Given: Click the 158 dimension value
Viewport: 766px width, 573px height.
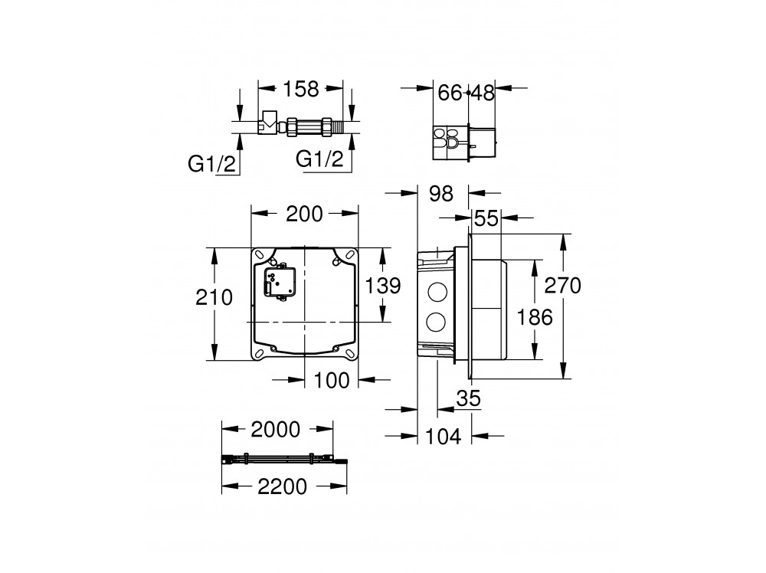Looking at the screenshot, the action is tap(301, 89).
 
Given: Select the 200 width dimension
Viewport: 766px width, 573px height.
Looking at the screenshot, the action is tap(304, 214).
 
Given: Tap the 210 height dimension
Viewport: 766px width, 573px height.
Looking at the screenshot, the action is tap(214, 297).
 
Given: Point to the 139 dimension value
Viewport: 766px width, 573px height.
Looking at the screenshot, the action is tap(383, 285).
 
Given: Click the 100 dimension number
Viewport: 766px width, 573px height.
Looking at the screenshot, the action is tap(331, 380).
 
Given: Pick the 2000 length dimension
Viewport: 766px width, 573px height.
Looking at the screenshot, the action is tap(276, 430).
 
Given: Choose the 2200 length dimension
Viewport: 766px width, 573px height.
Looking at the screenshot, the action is tap(283, 486).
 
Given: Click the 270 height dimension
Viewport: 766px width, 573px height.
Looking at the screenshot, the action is tap(563, 285).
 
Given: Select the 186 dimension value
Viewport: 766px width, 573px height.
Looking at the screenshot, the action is tap(535, 317).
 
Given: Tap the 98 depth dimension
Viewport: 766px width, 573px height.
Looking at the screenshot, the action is tap(441, 194).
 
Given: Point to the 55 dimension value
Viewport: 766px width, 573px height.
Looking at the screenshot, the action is tap(486, 218).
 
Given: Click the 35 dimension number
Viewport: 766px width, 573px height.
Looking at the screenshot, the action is tap(469, 398).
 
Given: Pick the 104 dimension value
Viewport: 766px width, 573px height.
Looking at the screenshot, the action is tap(443, 437).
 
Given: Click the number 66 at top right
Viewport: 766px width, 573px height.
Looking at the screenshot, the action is tap(450, 93).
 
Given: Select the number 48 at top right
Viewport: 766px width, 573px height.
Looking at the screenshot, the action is tap(483, 93).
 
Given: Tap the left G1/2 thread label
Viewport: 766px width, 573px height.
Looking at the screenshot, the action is tap(212, 164).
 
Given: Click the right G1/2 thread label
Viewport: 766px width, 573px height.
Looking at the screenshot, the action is tap(320, 159).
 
